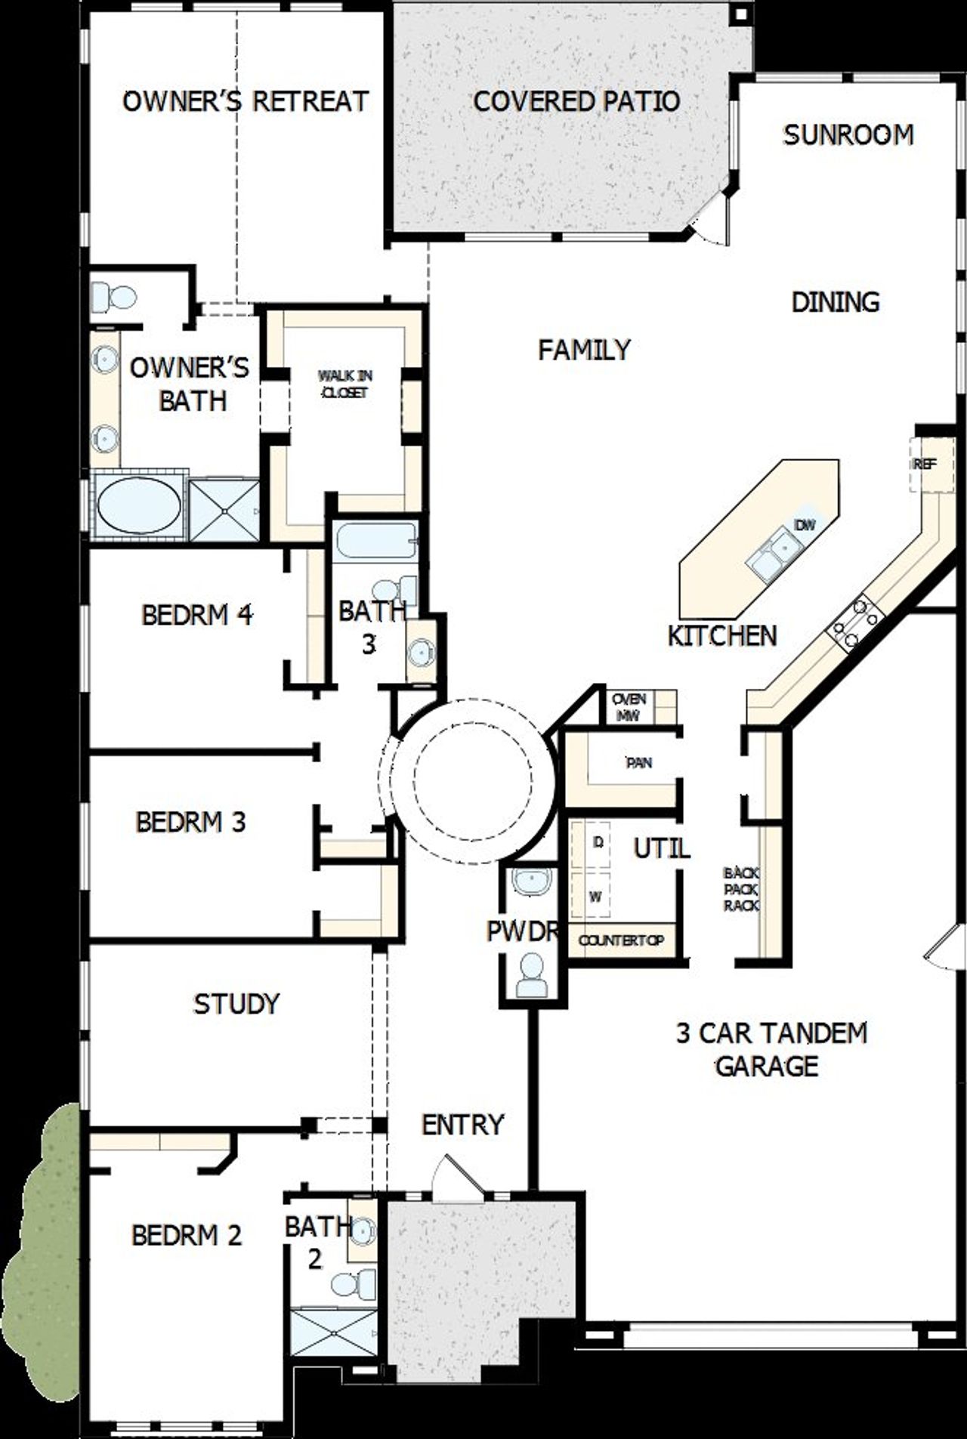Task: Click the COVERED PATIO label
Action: [576, 101]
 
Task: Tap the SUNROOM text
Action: [848, 135]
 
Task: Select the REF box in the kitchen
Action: [925, 465]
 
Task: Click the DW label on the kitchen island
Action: [805, 524]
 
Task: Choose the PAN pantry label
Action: [638, 763]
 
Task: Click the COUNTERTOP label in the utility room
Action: [621, 940]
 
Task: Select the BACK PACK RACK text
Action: [741, 889]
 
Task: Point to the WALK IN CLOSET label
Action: [344, 384]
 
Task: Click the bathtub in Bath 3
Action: [375, 542]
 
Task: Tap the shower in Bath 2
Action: [332, 1334]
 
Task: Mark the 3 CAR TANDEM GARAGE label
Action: [770, 1048]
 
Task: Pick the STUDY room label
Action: [236, 1004]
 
